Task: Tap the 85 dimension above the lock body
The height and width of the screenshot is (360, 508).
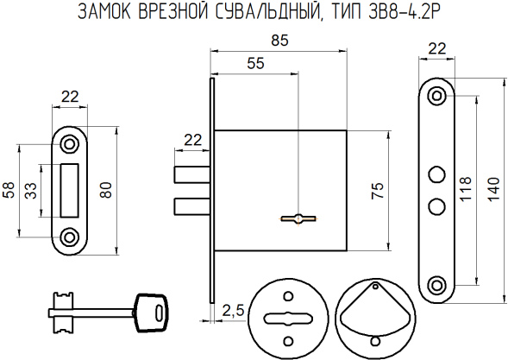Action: tap(279, 40)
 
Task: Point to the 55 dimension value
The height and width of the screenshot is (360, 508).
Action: tap(256, 63)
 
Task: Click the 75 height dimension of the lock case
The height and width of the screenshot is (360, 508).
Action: tap(377, 193)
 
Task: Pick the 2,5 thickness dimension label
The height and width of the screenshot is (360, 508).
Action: tap(231, 309)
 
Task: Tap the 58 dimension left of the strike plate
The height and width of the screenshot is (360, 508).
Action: tap(9, 190)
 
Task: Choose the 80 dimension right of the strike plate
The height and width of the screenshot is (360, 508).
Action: tap(106, 190)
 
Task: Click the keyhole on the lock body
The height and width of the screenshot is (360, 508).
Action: tap(296, 218)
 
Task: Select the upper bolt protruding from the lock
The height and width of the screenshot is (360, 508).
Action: tap(192, 174)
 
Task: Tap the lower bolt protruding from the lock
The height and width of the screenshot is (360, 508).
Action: tap(192, 206)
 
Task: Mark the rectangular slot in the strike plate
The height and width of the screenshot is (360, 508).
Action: tap(71, 189)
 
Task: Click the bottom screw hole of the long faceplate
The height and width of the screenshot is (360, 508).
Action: tap(437, 284)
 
